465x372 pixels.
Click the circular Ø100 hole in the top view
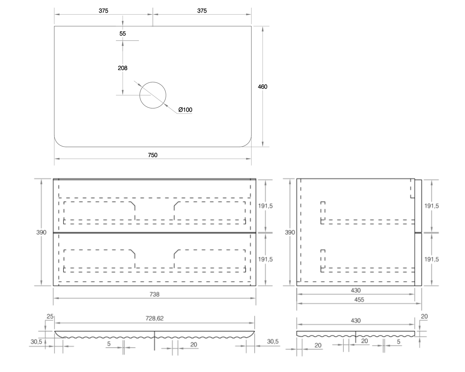[x=153, y=95]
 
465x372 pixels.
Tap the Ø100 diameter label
[x=185, y=110]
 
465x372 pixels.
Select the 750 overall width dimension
[x=153, y=155]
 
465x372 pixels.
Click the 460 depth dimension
[x=263, y=87]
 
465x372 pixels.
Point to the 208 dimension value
[x=122, y=68]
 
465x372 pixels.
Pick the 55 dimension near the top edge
[x=122, y=33]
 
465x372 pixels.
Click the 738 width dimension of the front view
[x=154, y=294]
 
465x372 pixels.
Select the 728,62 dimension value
[x=154, y=318]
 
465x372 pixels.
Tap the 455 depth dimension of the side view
[x=356, y=300]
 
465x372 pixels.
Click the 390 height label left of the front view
[x=41, y=232]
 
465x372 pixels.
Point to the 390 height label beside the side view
[x=290, y=232]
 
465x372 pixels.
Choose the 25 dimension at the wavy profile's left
[x=50, y=317]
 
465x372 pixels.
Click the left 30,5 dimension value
[x=36, y=342]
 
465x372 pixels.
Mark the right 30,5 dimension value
[x=273, y=342]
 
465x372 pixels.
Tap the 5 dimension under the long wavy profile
[x=109, y=344]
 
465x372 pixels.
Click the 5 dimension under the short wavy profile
[x=399, y=342]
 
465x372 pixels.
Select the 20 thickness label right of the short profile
[x=424, y=317]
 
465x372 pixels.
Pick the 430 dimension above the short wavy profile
[x=356, y=321]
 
